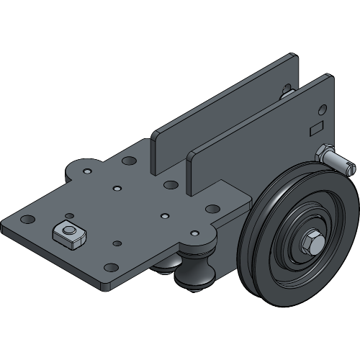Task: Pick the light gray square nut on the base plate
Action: click(x=68, y=232)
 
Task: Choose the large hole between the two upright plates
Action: click(x=171, y=185)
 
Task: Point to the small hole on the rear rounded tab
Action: click(x=86, y=172)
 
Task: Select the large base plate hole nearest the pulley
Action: click(x=212, y=209)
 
